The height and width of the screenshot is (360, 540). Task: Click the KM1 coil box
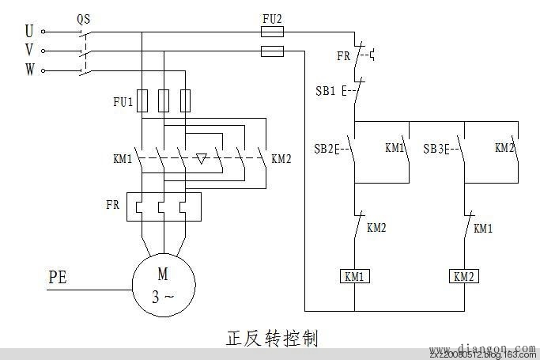pyautogui.click(x=353, y=277)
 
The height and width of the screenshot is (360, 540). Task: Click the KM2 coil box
pyautogui.click(x=463, y=277)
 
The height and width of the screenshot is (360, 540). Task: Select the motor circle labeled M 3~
pyautogui.click(x=163, y=286)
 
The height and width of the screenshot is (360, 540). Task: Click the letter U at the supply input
pyautogui.click(x=29, y=32)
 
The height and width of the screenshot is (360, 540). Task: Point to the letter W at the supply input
pyautogui.click(x=29, y=70)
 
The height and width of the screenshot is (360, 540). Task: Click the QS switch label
pyautogui.click(x=83, y=17)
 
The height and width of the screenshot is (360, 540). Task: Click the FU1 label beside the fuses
pyautogui.click(x=123, y=101)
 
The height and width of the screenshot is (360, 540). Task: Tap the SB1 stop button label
pyautogui.click(x=325, y=90)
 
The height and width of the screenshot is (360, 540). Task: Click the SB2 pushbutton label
pyautogui.click(x=324, y=149)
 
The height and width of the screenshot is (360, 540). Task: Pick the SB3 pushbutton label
pyautogui.click(x=435, y=149)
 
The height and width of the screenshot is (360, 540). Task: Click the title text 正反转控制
pyautogui.click(x=271, y=339)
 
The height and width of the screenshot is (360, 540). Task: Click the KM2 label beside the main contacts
pyautogui.click(x=281, y=159)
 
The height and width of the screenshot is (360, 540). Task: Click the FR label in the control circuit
pyautogui.click(x=343, y=56)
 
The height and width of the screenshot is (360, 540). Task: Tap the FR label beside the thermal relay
pyautogui.click(x=113, y=204)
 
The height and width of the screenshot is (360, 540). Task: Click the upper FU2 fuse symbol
pyautogui.click(x=272, y=32)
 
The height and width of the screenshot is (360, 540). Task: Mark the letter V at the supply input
pyautogui.click(x=29, y=51)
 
